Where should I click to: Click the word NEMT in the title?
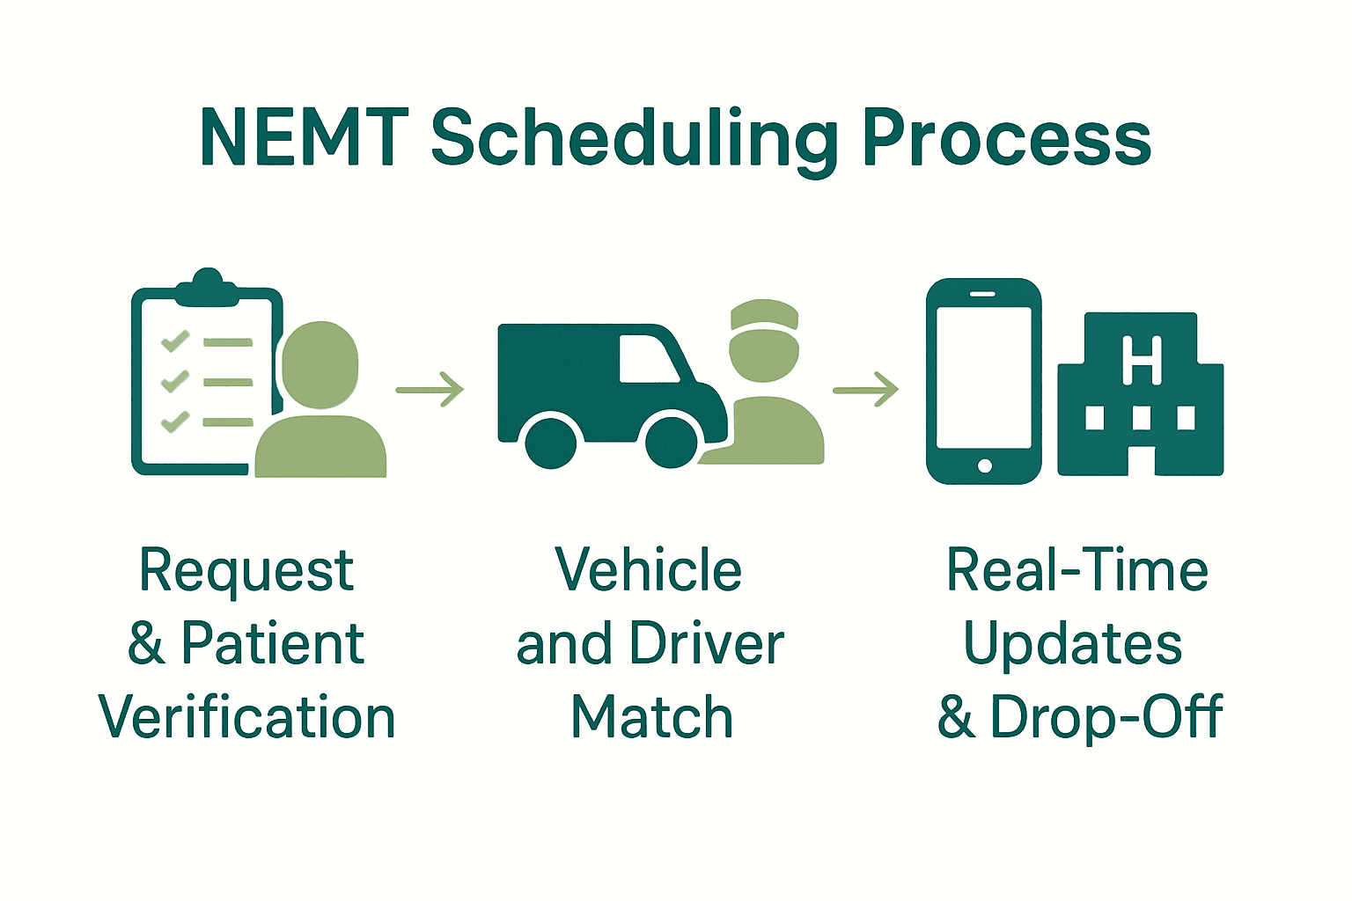305,138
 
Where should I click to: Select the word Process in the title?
1007,138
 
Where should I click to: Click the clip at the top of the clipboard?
208,287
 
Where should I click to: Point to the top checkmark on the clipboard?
175,341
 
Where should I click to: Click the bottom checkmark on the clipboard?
175,421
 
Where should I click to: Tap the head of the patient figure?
320,364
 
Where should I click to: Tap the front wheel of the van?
672,441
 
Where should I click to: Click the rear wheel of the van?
551,443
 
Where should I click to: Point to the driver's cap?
764,316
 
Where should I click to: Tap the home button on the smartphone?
985,465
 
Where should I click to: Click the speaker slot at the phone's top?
983,294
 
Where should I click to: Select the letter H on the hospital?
1142,361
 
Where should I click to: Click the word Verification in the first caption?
247,717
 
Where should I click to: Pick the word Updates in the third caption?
1073,644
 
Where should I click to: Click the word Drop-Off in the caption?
1106,717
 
